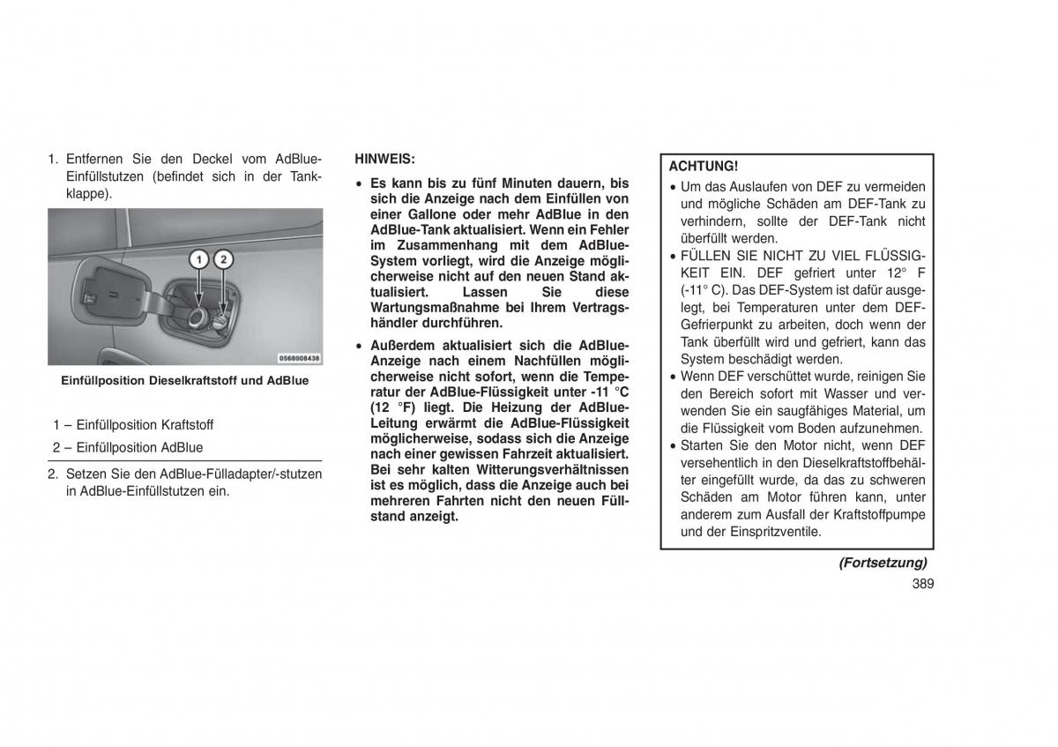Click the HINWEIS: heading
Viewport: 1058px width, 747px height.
pyautogui.click(x=384, y=160)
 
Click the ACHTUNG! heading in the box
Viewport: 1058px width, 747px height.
pyautogui.click(x=703, y=166)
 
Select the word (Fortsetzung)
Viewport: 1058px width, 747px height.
pyautogui.click(x=882, y=562)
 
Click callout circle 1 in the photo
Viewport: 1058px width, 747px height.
pyautogui.click(x=200, y=259)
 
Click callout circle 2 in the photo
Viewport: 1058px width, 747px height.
pyautogui.click(x=224, y=259)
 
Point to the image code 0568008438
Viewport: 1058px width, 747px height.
pyautogui.click(x=299, y=359)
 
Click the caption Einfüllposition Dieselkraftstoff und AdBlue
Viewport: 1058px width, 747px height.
pyautogui.click(x=184, y=381)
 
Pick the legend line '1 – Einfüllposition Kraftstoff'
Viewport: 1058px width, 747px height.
pyautogui.click(x=133, y=424)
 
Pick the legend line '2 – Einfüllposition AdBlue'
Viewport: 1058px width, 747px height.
pyautogui.click(x=128, y=447)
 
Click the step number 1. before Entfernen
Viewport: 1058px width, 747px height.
pyautogui.click(x=54, y=160)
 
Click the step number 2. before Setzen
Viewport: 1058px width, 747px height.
pyautogui.click(x=54, y=474)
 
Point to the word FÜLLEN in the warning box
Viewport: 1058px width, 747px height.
pyautogui.click(x=704, y=256)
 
